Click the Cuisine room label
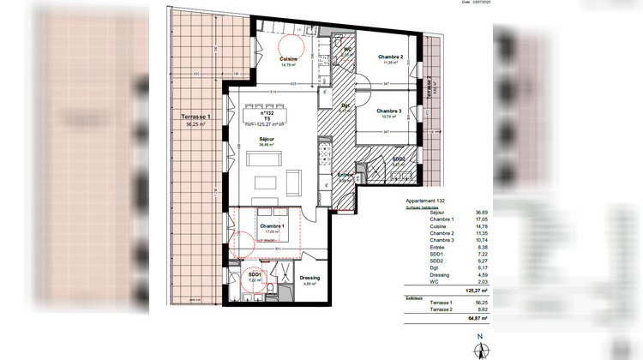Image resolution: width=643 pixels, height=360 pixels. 288,57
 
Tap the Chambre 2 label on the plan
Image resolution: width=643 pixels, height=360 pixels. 391,57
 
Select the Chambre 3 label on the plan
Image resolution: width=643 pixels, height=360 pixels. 389,111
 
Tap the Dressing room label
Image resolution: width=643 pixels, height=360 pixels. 310,279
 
